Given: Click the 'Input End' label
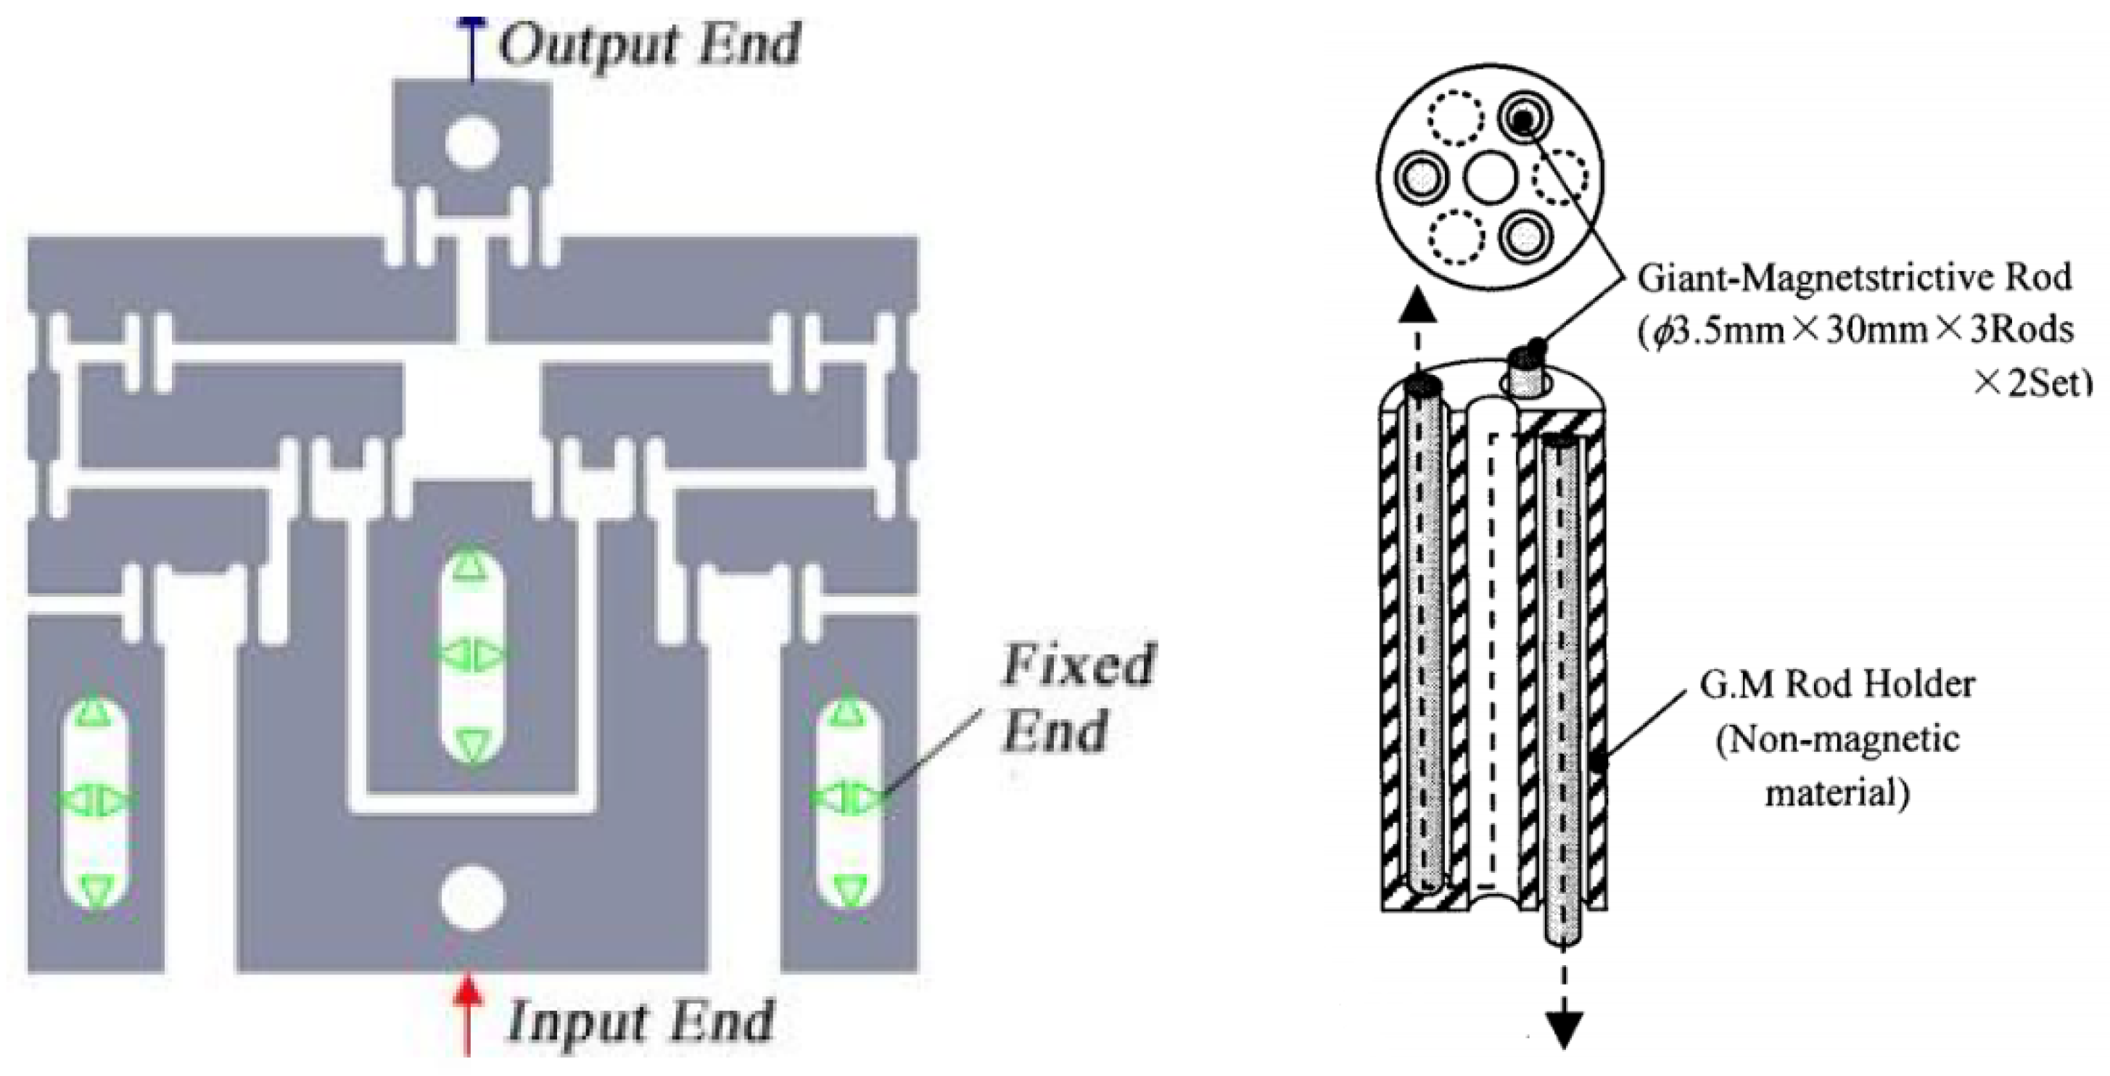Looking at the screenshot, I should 640,1021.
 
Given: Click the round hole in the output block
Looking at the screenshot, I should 473,144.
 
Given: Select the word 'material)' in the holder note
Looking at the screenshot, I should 1837,793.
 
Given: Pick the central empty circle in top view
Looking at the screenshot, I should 1490,180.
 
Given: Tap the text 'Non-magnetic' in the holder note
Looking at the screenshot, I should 1837,740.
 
